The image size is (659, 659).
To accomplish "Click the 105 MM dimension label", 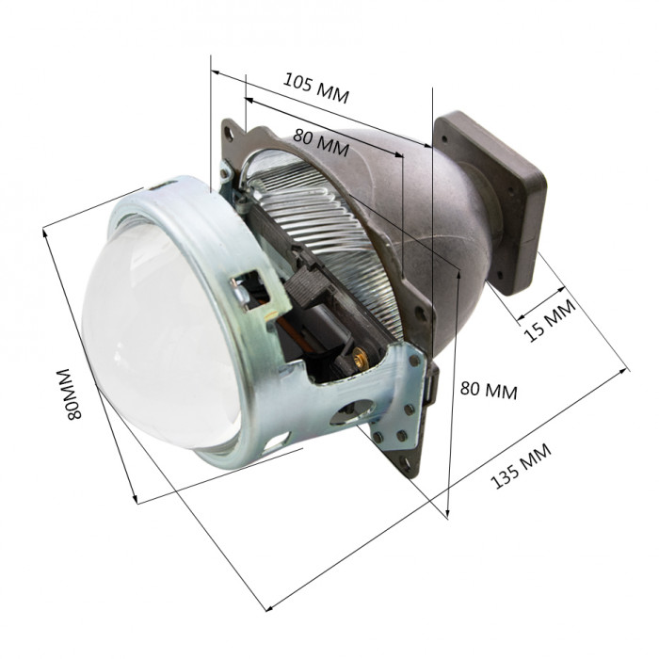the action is [316, 88].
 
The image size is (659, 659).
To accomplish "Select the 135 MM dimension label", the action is [521, 466].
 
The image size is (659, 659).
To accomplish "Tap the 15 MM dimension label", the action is [550, 320].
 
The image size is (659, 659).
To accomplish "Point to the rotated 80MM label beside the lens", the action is [69, 394].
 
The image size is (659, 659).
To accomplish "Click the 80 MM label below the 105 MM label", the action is [321, 142].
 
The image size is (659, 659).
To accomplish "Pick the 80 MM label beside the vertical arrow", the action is [489, 390].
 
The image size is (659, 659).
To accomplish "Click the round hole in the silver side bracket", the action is [352, 412].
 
